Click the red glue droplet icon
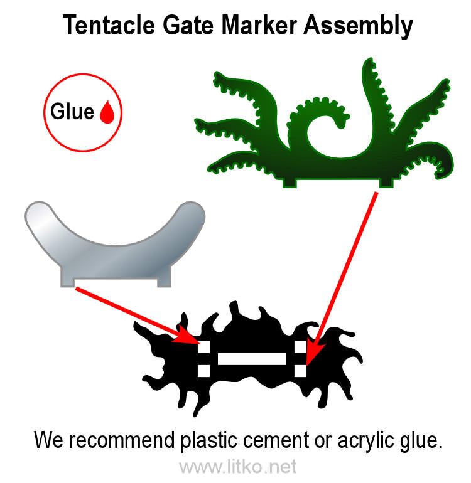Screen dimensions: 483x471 pos(108,112)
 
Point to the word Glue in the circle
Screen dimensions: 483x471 pos(72,112)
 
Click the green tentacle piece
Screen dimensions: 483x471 pos(327,151)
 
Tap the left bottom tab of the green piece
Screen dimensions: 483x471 pos(290,181)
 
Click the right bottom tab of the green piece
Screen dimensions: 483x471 pos(387,181)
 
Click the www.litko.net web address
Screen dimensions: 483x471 pos(237,467)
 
